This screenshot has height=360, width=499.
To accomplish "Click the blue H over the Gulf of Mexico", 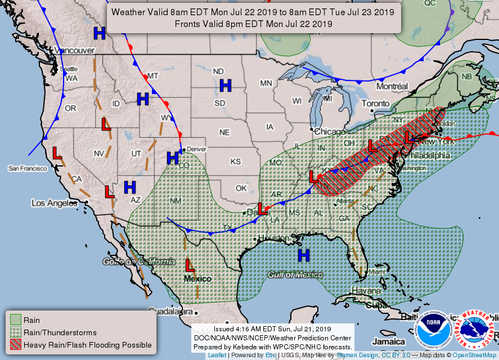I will (x=304, y=255).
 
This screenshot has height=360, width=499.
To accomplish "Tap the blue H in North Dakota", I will (x=226, y=86).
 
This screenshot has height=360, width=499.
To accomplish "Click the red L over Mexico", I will (x=191, y=264).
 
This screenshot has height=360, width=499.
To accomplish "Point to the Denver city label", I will (x=196, y=149).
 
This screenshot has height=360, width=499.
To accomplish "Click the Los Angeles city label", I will (x=53, y=202).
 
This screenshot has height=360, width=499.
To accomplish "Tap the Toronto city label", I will (x=375, y=103).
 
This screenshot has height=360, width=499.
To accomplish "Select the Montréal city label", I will (x=392, y=87).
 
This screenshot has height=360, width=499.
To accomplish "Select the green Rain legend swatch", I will (x=15, y=320).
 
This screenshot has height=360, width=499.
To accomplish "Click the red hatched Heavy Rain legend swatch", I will (x=15, y=344).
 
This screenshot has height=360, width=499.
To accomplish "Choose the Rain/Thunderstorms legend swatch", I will (x=15, y=332).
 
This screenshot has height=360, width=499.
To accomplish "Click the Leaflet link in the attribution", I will (x=218, y=355).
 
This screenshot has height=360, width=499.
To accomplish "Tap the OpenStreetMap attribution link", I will (x=475, y=355).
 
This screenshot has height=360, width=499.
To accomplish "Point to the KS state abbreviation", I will (x=235, y=161).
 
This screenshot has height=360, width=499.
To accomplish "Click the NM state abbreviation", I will (x=176, y=201).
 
